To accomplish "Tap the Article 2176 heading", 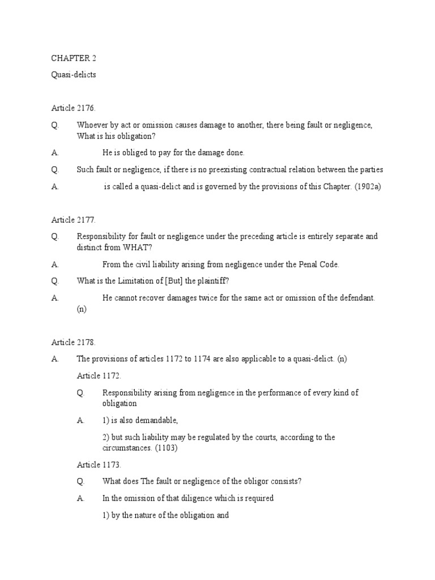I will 71,108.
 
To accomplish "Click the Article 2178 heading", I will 71,342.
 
